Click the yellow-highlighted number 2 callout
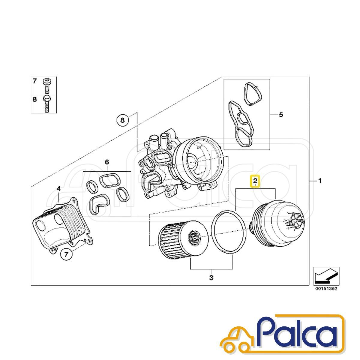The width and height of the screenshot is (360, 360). [255, 181]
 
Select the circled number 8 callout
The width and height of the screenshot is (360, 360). [122, 120]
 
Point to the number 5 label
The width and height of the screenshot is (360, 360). [281, 115]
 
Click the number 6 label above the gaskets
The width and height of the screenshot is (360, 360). [107, 162]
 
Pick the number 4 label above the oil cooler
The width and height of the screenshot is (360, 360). [59, 189]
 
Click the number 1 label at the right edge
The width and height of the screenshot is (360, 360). [320, 181]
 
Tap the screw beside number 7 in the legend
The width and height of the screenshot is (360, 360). [47, 86]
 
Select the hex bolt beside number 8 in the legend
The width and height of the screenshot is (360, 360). [47, 104]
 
